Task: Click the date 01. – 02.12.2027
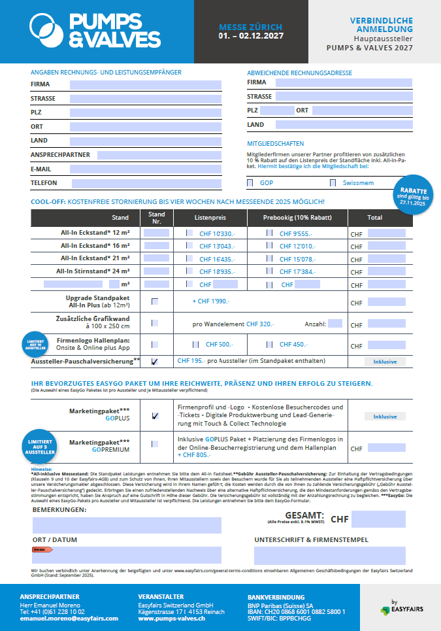pyautogui.click(x=251, y=36)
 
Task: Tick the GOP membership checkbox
pyautogui.click(x=250, y=183)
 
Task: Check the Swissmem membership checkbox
pyautogui.click(x=333, y=183)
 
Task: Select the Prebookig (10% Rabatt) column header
pyautogui.click(x=297, y=217)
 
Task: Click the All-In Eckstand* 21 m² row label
pyautogui.click(x=95, y=259)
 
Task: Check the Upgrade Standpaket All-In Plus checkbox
pyautogui.click(x=155, y=301)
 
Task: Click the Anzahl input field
pyautogui.click(x=335, y=324)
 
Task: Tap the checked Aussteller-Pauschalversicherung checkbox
pyautogui.click(x=155, y=361)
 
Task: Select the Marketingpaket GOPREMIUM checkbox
pyautogui.click(x=155, y=444)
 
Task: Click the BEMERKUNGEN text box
pyautogui.click(x=127, y=525)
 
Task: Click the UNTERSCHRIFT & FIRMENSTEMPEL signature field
pyautogui.click(x=329, y=555)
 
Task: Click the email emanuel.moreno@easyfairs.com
pyautogui.click(x=59, y=618)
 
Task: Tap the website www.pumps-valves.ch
pyautogui.click(x=172, y=618)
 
